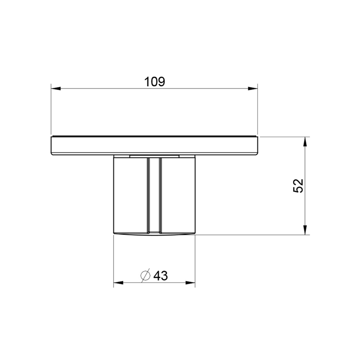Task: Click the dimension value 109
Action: [154, 81]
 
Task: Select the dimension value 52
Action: [299, 186]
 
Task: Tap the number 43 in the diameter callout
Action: [161, 276]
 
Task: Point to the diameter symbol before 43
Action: [145, 276]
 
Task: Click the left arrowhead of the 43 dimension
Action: [119, 282]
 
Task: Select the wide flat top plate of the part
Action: [154, 145]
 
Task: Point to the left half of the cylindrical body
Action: [130, 195]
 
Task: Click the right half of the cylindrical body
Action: [177, 195]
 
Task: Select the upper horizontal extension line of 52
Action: [284, 137]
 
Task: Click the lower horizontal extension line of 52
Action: [254, 235]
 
